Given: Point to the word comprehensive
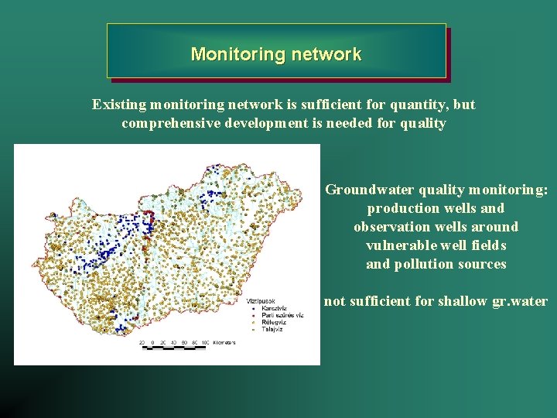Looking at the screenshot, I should pos(166,124).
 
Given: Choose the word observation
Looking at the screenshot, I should pos(394,227).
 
